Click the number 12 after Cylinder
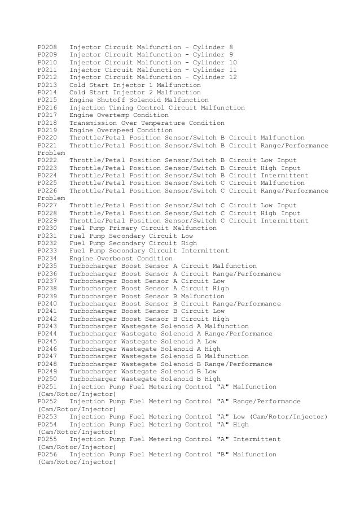tap(233, 77)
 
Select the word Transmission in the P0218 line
tap(92, 123)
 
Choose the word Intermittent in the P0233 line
tap(205, 251)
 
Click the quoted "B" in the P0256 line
tap(223, 454)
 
